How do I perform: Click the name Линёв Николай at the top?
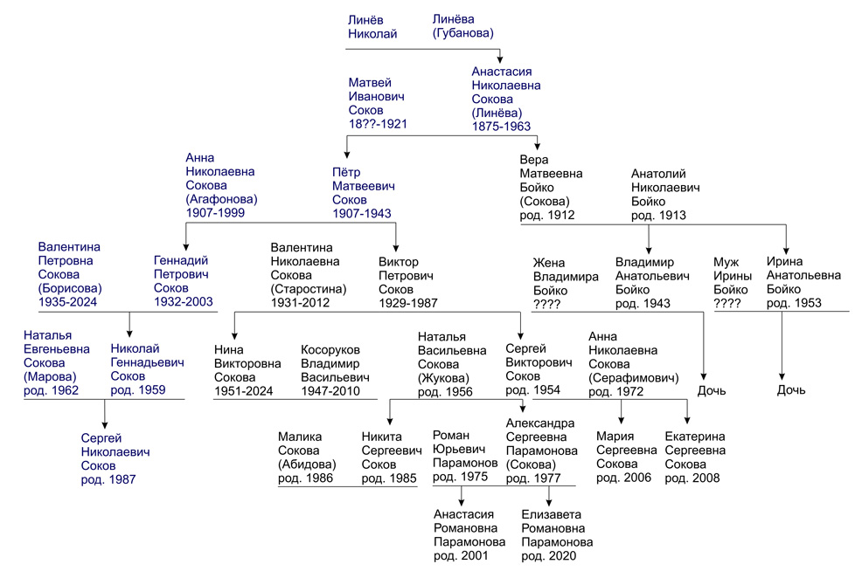pos(372,27)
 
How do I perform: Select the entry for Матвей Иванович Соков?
pos(378,103)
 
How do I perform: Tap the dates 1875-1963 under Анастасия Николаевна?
pos(501,127)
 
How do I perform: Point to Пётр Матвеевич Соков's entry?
pos(363,193)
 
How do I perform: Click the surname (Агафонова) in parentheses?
pos(221,199)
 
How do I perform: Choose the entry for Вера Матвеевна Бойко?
pos(551,187)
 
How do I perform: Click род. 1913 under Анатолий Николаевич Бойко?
pos(658,216)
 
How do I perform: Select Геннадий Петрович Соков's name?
pos(183,280)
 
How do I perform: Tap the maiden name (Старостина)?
pos(309,289)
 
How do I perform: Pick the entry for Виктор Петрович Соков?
pos(408,282)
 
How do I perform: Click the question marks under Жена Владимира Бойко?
pos(546,304)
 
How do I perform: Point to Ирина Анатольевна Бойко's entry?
pos(803,282)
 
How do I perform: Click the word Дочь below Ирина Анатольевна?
pos(790,390)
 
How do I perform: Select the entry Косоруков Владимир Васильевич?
pos(335,370)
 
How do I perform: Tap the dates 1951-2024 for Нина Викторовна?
pos(243,391)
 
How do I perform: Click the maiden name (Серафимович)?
pos(633,378)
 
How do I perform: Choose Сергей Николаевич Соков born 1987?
pos(115,458)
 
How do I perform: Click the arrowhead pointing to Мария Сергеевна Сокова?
pos(622,420)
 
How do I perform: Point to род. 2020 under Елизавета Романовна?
pos(548,555)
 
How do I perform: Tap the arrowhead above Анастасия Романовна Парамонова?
pos(462,502)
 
